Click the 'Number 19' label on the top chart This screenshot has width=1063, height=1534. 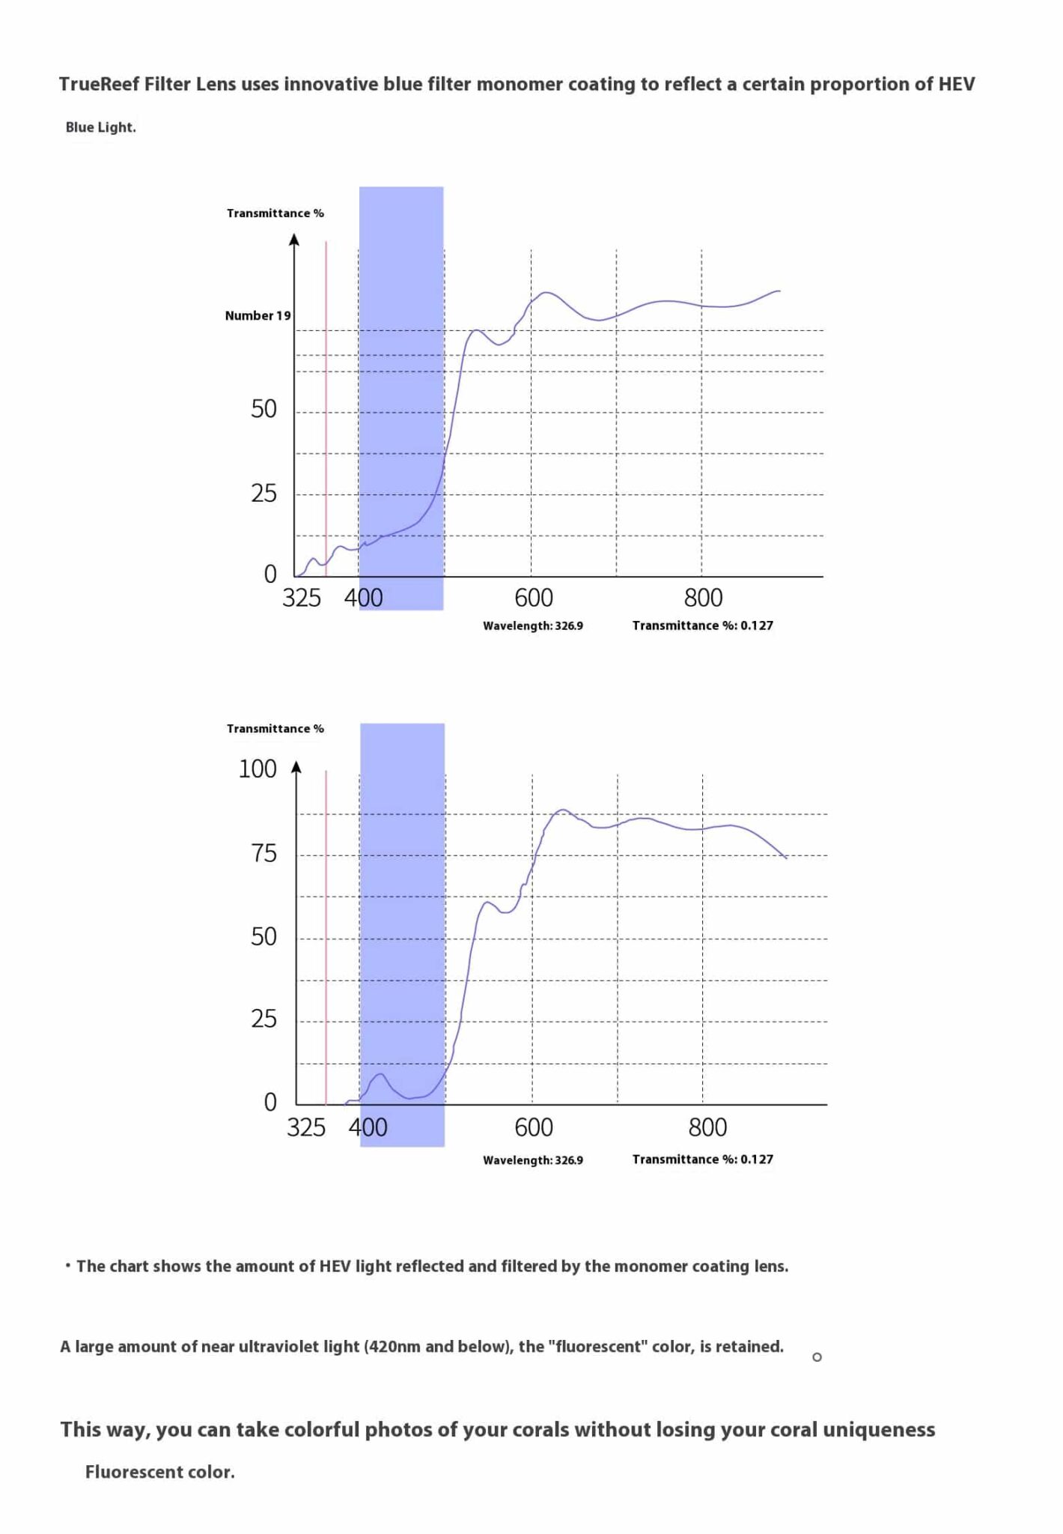(x=258, y=315)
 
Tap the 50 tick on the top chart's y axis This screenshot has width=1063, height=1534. (x=264, y=409)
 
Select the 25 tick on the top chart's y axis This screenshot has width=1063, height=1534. (x=264, y=494)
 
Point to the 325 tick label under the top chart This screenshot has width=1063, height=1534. (x=302, y=598)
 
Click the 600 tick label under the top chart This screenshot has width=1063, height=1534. (x=534, y=598)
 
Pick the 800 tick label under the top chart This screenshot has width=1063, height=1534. (x=704, y=598)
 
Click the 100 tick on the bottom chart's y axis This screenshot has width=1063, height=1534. (x=258, y=769)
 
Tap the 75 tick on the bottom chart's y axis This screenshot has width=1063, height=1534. (x=264, y=854)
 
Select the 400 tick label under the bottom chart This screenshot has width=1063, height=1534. (x=368, y=1127)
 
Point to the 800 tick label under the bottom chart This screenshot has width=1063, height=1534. (x=707, y=1127)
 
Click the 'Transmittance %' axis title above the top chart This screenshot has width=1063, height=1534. (x=275, y=213)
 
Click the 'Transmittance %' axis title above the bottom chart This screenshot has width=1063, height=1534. (x=275, y=729)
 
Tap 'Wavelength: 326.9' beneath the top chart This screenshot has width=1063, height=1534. (x=533, y=626)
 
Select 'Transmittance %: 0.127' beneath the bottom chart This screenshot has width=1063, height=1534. (x=702, y=1159)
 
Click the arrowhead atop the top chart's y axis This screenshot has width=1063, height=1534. (x=294, y=240)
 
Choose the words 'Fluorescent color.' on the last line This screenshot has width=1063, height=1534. (x=160, y=1472)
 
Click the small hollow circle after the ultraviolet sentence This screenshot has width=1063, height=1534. (x=817, y=1357)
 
